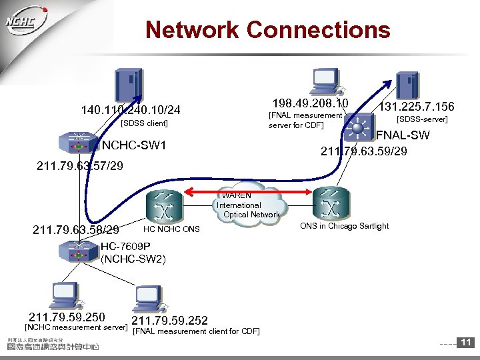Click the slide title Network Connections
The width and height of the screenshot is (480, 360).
point(267,30)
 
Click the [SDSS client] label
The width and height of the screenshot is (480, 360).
point(143,123)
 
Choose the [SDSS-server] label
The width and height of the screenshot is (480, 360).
point(422,120)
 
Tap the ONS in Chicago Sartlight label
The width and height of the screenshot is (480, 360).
point(344,226)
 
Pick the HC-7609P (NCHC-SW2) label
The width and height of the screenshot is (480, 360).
point(133,253)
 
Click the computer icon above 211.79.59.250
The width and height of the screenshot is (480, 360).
point(67,295)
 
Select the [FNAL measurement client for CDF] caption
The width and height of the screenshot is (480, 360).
point(197,331)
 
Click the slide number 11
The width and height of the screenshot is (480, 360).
point(466,343)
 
